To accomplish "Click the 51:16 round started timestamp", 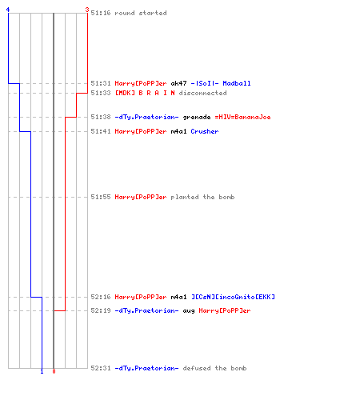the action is click(x=101, y=13).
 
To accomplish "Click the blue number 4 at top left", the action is click(x=8, y=10).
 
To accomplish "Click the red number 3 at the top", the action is click(x=87, y=10).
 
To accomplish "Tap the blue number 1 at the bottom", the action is click(x=42, y=371).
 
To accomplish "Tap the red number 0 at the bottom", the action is click(x=54, y=371).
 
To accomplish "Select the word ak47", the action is click(x=178, y=83).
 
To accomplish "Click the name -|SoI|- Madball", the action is click(x=221, y=83).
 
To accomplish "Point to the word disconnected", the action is click(x=203, y=93).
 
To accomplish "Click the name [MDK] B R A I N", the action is click(x=145, y=93).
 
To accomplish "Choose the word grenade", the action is click(x=197, y=117).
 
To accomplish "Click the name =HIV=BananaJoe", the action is click(x=243, y=117).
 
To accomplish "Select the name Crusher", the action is click(x=205, y=131).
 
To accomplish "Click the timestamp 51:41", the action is click(x=101, y=131).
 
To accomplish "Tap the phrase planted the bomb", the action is click(x=202, y=197).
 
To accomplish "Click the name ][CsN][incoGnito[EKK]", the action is click(x=233, y=297).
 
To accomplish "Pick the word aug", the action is click(x=189, y=311).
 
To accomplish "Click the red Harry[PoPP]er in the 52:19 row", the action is click(x=225, y=310).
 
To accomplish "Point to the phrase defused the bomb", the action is click(x=214, y=368).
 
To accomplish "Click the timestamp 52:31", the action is click(x=101, y=368).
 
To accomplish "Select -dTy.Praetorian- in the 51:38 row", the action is click(x=146, y=117).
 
